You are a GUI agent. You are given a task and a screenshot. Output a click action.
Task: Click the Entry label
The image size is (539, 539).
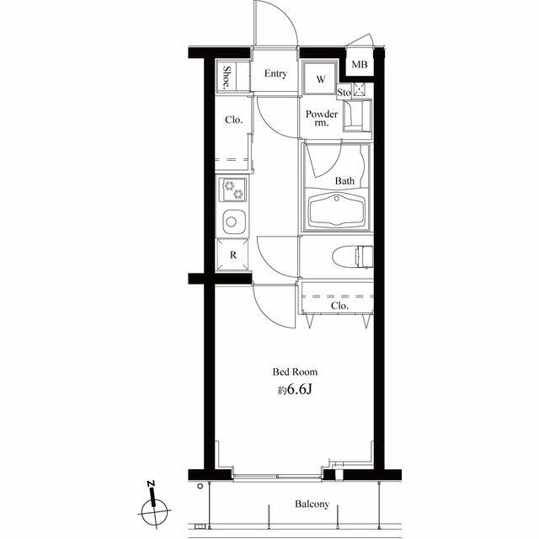[x=275, y=73]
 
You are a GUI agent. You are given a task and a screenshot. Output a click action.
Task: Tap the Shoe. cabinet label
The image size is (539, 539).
[x=227, y=77]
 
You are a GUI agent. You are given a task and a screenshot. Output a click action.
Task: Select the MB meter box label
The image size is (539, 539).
[x=360, y=64]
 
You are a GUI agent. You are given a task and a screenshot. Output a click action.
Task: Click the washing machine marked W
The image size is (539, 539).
[x=320, y=78]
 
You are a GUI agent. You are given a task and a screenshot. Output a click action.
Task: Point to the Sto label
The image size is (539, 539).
[x=344, y=92]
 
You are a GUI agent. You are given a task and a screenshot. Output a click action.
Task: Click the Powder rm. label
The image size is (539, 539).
[x=322, y=118]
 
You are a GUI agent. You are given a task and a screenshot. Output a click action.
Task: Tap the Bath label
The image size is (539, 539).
[x=344, y=180]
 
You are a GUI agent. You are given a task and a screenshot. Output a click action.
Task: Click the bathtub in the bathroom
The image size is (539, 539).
[x=336, y=210]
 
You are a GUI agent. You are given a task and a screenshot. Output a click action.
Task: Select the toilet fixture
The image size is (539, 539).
[x=353, y=256]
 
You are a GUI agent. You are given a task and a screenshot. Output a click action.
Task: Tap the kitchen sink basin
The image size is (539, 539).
[x=234, y=221]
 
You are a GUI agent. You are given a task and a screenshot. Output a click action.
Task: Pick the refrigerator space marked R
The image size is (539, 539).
[x=233, y=255]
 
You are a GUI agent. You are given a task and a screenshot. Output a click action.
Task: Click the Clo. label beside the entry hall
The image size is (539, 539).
[x=234, y=120]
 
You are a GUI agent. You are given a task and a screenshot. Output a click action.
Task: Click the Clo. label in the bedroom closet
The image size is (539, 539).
[x=339, y=306]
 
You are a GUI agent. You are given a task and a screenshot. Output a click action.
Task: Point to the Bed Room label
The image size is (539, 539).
[x=295, y=371]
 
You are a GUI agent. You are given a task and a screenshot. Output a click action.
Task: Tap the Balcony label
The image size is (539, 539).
[x=312, y=504]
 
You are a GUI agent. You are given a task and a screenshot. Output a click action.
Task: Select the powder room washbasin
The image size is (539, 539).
[x=357, y=115]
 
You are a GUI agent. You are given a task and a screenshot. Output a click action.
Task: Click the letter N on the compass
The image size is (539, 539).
[x=151, y=483]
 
